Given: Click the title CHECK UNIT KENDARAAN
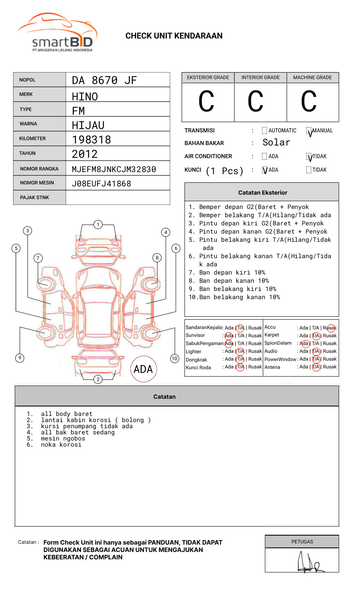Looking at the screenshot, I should (174, 36).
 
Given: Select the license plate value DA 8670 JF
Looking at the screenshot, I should (104, 80).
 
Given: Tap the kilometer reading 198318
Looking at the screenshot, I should (91, 140).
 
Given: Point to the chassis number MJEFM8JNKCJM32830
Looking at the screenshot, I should (114, 169).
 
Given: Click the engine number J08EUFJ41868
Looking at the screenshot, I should (101, 184).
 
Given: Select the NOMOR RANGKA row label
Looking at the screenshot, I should (39, 169).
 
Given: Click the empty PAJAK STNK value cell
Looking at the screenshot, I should (118, 198).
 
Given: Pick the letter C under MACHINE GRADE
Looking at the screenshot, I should (309, 102).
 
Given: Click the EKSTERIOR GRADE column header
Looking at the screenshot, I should (208, 77).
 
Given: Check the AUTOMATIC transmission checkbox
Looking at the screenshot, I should (264, 131).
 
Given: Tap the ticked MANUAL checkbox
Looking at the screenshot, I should (309, 131).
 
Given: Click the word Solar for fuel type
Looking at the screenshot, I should (276, 143).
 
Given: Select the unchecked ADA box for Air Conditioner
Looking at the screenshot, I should (264, 157).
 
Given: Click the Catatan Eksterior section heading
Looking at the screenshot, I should (262, 193).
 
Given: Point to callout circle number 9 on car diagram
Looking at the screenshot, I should (20, 358).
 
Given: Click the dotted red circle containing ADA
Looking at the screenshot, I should (143, 369).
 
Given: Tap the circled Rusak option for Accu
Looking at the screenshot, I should (330, 328).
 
